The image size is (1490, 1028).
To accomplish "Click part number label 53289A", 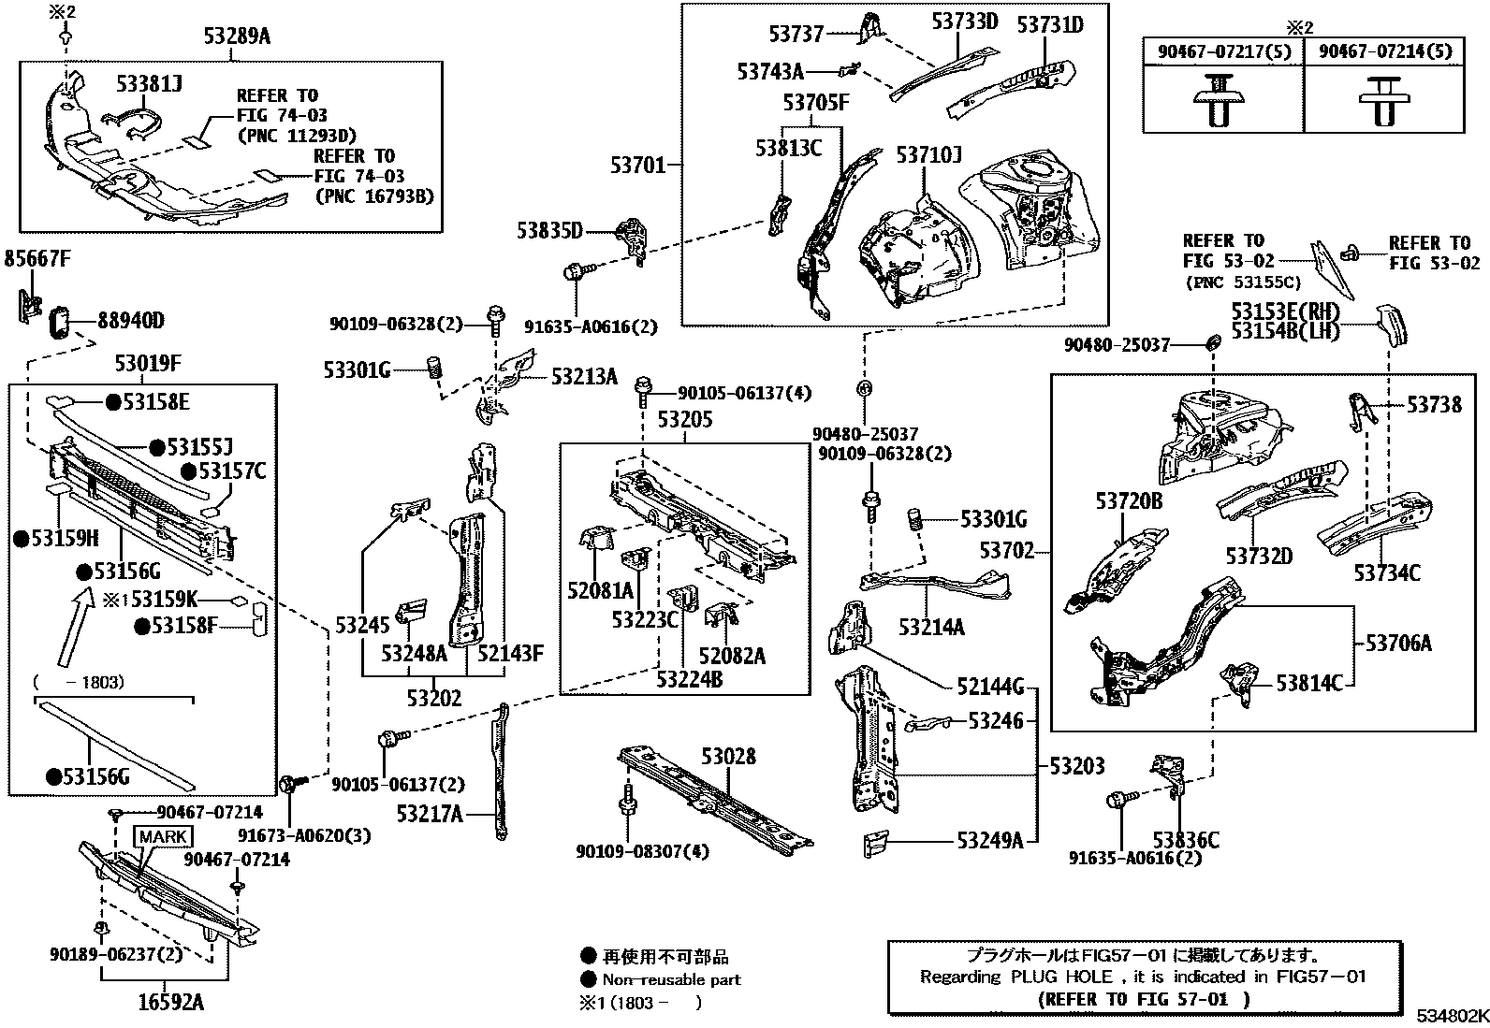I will (x=237, y=37).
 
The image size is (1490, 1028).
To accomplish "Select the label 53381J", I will (x=149, y=84).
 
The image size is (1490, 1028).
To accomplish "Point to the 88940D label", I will (x=131, y=322).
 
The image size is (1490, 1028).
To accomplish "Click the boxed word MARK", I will (x=164, y=836).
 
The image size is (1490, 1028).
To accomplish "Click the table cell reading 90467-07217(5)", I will (x=1223, y=51).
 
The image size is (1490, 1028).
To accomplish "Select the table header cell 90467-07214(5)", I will (x=1385, y=51).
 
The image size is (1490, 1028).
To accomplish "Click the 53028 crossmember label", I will (x=728, y=756).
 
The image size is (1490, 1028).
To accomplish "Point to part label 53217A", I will (x=430, y=814).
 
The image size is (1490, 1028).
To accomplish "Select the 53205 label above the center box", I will (x=684, y=420).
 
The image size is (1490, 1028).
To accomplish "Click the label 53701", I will (x=638, y=166).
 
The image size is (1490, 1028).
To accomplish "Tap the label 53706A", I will (x=1398, y=644).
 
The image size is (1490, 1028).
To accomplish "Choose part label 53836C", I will (x=1186, y=839).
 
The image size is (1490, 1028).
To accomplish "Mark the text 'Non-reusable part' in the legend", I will (x=671, y=980).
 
